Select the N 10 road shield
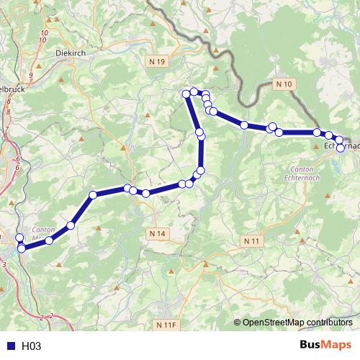coord(284,84)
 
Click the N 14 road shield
coord(157,233)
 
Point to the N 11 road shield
coord(251,240)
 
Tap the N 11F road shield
coord(165,325)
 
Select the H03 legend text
coord(31,346)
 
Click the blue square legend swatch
coord(9,346)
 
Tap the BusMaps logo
coord(326,345)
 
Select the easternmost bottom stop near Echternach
coord(340,148)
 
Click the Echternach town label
coord(341,146)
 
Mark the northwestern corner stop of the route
coord(186,94)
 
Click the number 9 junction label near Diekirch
coord(30,75)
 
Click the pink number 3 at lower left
coord(4,265)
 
